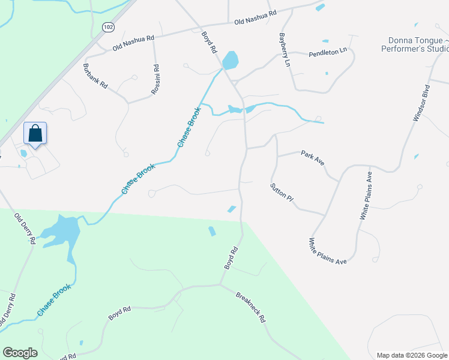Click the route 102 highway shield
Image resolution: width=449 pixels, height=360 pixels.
108,28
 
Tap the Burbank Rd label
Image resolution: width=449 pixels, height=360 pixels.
95,76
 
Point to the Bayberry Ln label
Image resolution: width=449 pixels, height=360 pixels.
284,50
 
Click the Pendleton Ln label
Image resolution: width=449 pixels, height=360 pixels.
328,53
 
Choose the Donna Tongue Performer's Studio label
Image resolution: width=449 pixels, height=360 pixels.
414,44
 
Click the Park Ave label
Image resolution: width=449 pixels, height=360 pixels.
312,154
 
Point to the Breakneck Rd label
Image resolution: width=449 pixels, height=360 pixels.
250,307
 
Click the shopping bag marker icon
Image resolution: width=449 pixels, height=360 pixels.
35,133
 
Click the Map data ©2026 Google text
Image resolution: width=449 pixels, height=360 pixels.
411,355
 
